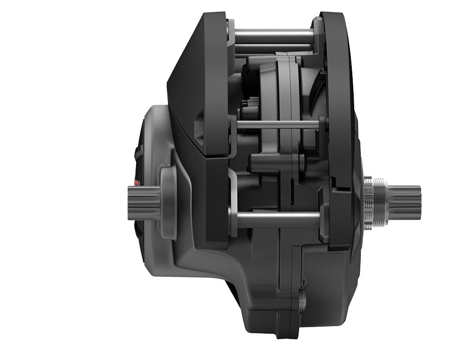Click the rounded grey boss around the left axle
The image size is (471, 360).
click(x=168, y=202)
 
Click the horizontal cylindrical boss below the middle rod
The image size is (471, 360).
click(x=268, y=162)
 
